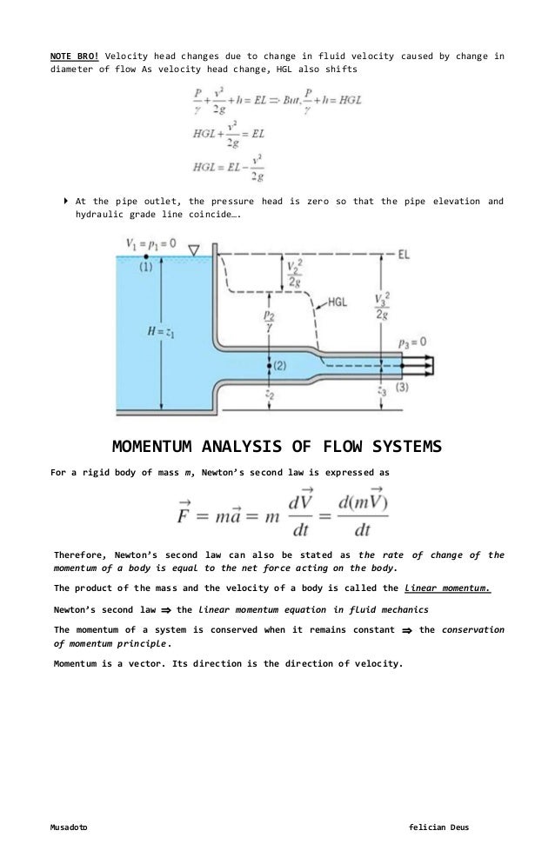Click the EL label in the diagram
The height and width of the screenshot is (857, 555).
(405, 255)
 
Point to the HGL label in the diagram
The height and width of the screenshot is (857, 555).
(340, 302)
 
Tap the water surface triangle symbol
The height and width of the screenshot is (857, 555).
(196, 251)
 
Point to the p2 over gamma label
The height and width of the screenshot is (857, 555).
(270, 323)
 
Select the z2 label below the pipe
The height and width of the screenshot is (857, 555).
(270, 394)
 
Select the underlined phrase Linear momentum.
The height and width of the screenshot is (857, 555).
(447, 588)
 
